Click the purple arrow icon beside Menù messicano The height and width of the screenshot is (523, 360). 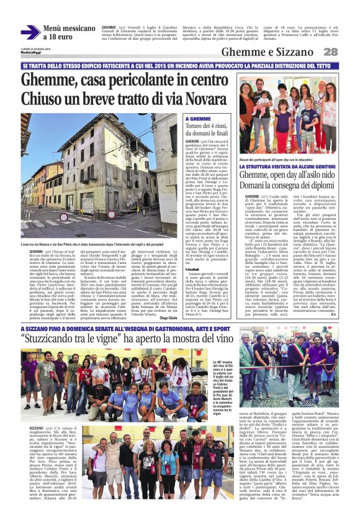30,32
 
